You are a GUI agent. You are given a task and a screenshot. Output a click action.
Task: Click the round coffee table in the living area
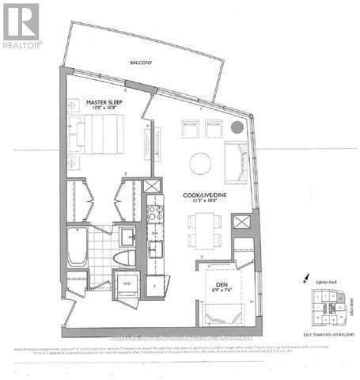200,163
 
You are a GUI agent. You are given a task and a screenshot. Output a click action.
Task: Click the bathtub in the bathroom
76,247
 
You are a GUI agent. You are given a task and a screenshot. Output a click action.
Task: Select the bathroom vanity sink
127,236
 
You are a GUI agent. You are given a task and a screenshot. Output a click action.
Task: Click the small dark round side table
236,127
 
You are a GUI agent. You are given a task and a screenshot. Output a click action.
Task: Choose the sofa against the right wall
235,161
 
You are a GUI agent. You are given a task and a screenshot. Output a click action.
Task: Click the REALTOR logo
22,26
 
